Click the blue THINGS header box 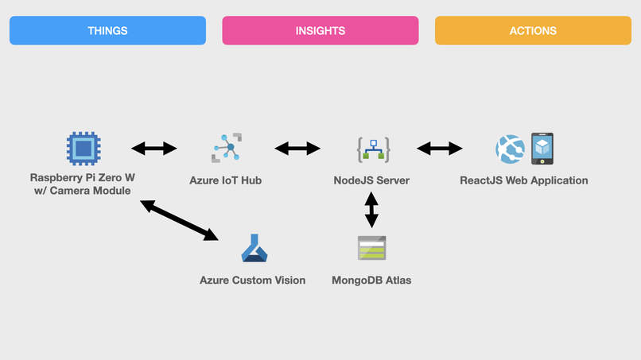tap(107, 30)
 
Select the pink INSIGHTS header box tap(320, 30)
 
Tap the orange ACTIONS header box tap(532, 30)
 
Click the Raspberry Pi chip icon tap(83, 149)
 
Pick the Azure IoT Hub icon tap(226, 149)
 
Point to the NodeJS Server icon tap(372, 149)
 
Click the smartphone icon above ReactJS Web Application tap(542, 148)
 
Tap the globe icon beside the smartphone tap(510, 149)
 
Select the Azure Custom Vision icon tap(254, 249)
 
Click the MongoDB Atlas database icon tap(371, 249)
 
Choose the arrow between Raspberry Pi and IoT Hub tap(153, 148)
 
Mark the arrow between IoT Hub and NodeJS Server tap(297, 148)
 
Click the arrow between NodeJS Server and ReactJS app tap(440, 148)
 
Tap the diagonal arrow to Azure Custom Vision tap(180, 220)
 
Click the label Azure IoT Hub tap(225, 180)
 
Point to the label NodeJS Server tap(371, 180)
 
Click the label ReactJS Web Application tap(524, 180)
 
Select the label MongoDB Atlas tap(371, 280)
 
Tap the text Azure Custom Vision tap(252, 280)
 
